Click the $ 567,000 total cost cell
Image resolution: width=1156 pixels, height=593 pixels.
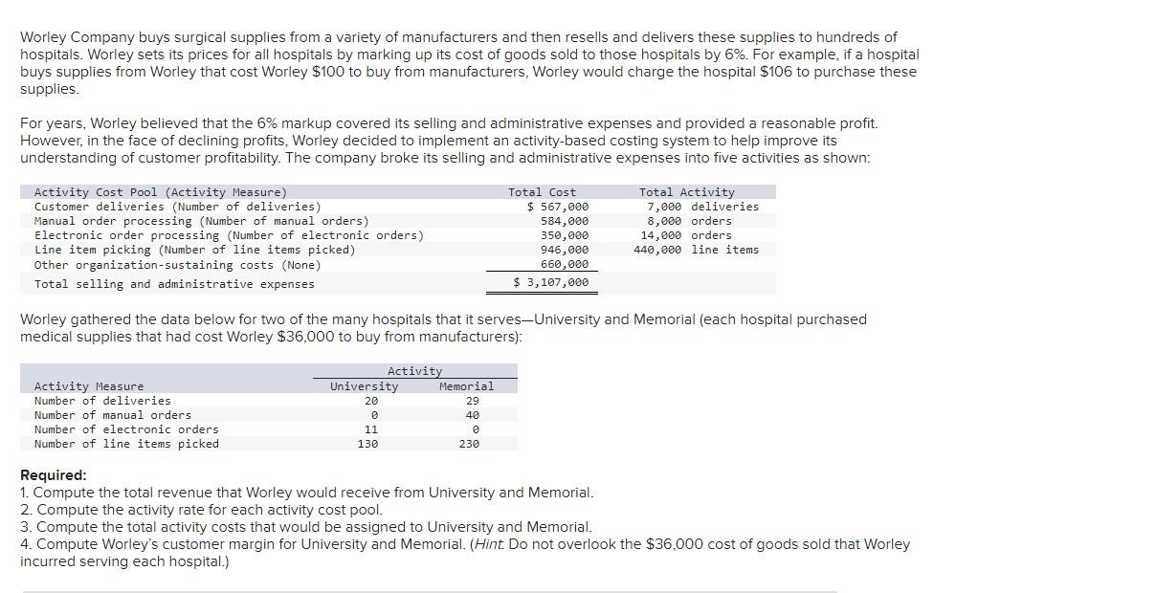tap(559, 207)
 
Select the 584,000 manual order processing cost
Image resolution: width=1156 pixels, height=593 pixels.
tap(565, 221)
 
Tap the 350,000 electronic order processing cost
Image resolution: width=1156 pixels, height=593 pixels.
tap(565, 235)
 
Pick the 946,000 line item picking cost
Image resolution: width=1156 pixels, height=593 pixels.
tap(565, 250)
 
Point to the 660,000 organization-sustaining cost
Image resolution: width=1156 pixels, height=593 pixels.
tap(565, 264)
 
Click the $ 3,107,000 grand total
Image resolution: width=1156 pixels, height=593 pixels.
tap(551, 282)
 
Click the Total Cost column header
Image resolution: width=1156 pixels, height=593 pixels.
tap(542, 192)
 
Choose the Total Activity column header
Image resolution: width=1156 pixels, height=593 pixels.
tap(686, 192)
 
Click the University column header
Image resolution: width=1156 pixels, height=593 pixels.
tap(364, 386)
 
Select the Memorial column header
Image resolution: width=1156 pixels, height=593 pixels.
tap(466, 386)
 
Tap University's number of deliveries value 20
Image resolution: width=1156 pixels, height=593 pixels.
tap(371, 401)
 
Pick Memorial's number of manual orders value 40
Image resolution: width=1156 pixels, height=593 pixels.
tap(472, 415)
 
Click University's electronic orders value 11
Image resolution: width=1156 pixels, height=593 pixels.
tap(371, 429)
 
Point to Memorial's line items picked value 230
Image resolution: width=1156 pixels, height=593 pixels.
tap(468, 444)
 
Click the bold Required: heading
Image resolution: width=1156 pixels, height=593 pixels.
tap(53, 475)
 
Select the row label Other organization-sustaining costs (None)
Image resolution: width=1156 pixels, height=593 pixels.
tap(177, 265)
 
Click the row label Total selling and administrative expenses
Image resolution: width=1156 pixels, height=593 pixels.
tap(174, 284)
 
